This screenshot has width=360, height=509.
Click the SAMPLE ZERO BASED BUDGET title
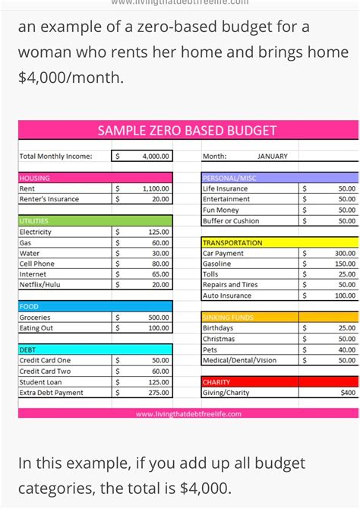[187, 131]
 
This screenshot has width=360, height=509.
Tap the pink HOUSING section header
[65, 177]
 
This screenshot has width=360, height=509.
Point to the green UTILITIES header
[65, 220]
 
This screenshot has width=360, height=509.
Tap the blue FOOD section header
[65, 306]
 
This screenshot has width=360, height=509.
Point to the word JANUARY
[273, 156]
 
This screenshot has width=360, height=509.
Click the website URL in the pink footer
[188, 414]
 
